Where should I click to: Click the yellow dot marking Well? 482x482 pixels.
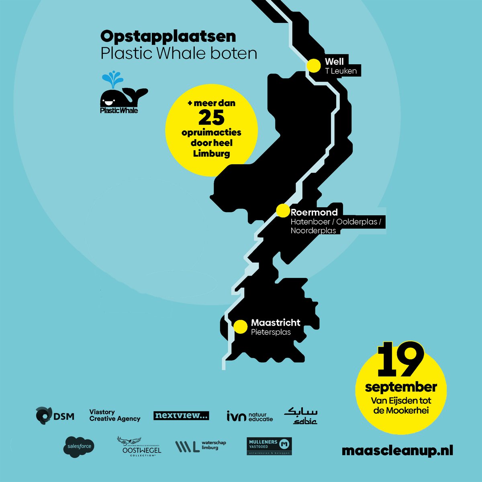[313, 65]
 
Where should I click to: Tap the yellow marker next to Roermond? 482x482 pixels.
[283, 210]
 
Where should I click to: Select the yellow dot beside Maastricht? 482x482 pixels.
[240, 327]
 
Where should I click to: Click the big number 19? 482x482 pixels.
[400, 360]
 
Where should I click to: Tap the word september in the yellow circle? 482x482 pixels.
[400, 387]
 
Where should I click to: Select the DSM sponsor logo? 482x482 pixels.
[55, 415]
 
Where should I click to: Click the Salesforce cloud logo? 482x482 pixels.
[79, 446]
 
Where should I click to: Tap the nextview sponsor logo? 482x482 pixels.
[181, 416]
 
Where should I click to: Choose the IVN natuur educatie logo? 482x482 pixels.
[249, 416]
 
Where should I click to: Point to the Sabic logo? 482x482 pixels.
[301, 416]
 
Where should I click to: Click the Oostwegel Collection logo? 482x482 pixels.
[139, 446]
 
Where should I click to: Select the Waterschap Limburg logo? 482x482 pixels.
[201, 446]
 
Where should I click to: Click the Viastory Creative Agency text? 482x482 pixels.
[114, 415]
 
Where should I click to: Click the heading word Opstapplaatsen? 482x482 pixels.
[168, 37]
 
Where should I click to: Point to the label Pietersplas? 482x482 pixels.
[271, 332]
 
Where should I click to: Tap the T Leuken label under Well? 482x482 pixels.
[341, 71]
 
